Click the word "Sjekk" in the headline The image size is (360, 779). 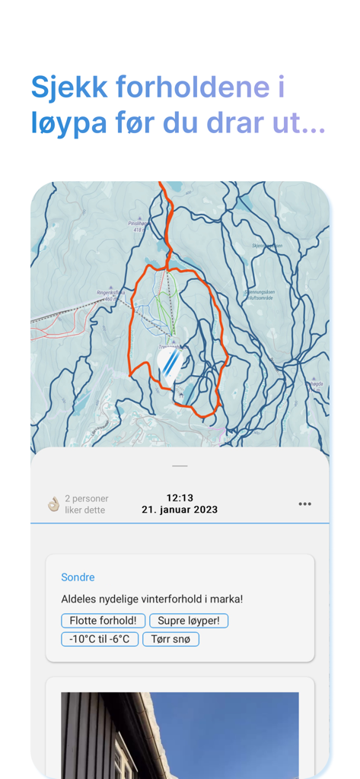click(x=69, y=87)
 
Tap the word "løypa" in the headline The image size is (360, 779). click(x=66, y=123)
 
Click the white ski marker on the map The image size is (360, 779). click(x=171, y=363)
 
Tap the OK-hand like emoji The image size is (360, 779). click(x=53, y=504)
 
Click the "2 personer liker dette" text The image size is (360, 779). click(x=84, y=504)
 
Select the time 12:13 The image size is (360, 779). click(x=180, y=498)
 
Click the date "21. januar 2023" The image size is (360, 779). click(x=180, y=510)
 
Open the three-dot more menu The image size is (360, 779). click(x=304, y=504)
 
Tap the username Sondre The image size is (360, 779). click(x=78, y=577)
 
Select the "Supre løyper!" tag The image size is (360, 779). click(x=189, y=621)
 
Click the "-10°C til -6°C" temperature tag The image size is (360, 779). click(x=100, y=639)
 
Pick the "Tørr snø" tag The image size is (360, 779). click(x=170, y=639)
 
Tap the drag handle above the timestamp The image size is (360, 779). click(x=180, y=466)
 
